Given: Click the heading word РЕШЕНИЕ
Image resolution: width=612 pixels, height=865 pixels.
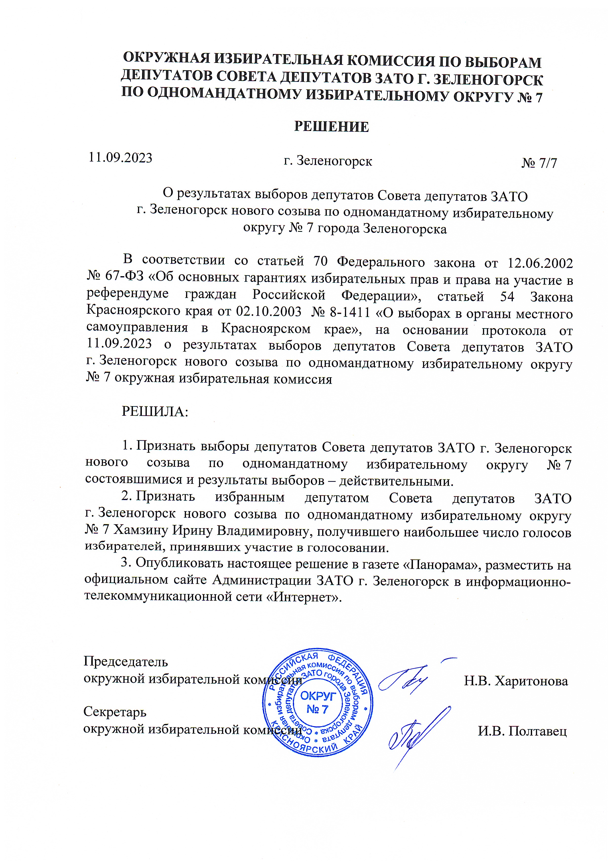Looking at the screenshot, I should (331, 127).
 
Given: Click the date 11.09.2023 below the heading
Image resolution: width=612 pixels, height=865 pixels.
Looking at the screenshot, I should (120, 158).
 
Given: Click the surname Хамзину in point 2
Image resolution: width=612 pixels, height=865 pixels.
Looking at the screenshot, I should (141, 530).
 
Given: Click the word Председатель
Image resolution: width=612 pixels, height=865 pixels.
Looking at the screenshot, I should (126, 661).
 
